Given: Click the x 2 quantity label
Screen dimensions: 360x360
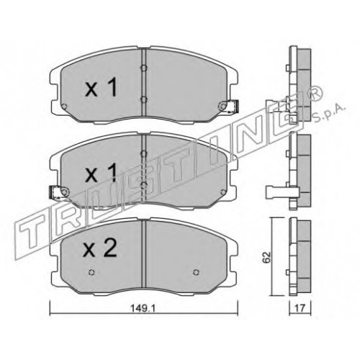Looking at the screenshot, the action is coord(99,248).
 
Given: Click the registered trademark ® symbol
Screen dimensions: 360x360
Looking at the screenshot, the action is coord(315,94).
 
